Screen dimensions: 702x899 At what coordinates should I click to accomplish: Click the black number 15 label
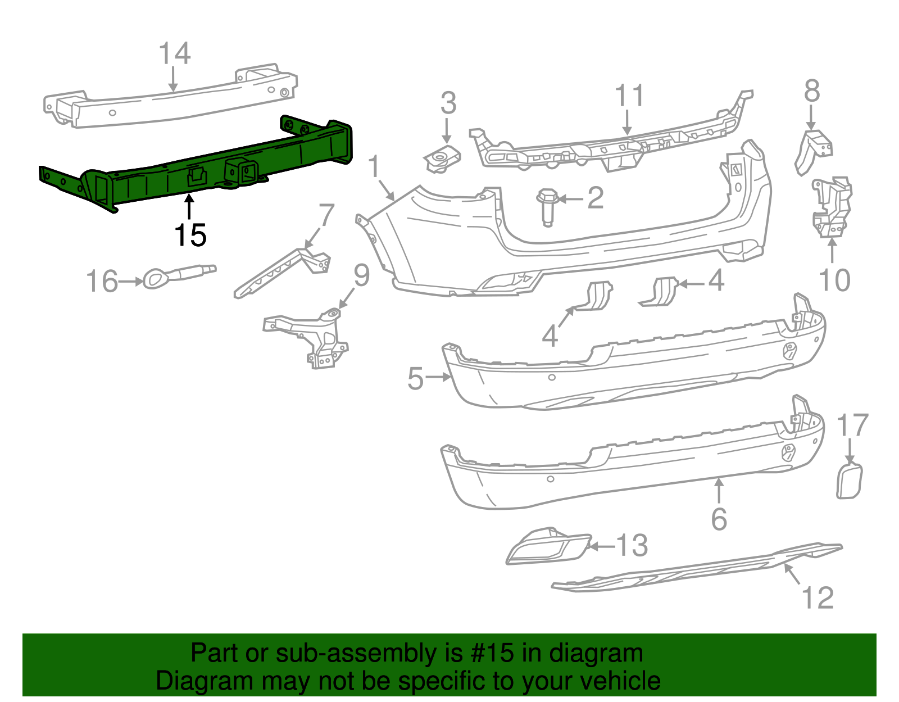pos(190,235)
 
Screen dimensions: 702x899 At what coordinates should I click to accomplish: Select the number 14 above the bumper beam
pos(174,53)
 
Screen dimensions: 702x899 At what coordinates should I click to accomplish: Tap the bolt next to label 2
pos(547,206)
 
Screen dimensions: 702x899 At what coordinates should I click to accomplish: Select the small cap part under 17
pos(849,481)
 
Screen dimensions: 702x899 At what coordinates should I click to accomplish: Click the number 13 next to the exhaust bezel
pos(632,545)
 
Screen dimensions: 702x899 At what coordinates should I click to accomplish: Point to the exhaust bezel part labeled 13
pos(548,546)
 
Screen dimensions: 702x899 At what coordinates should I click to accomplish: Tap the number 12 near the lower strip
pos(818,597)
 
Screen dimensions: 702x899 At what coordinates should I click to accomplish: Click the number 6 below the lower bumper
pos(719,519)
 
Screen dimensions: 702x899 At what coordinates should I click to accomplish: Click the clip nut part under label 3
pos(443,158)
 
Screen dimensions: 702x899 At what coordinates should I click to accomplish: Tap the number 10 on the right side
pos(834,280)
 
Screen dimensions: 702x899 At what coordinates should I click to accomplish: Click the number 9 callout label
pos(361,275)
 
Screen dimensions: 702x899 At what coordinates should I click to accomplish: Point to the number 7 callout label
pos(326,215)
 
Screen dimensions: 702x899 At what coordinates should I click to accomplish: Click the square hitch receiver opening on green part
pos(247,171)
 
